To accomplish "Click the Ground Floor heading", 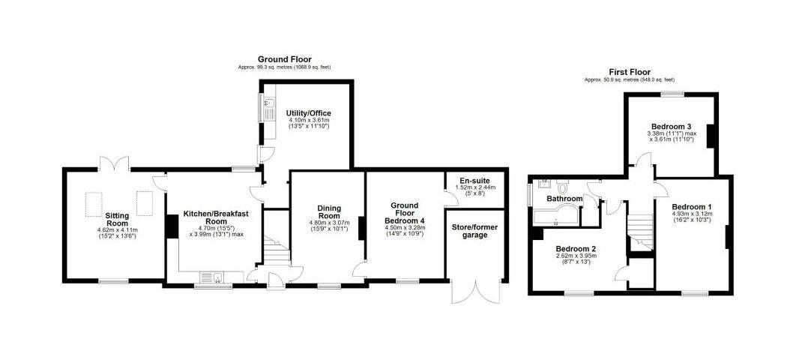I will (284, 59).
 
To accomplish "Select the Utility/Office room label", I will (308, 113).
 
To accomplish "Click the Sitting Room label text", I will (117, 219).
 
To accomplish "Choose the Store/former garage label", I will (474, 231).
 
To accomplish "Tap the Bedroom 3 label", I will (671, 126).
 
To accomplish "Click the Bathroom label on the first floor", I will (564, 199).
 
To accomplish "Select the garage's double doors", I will (474, 292).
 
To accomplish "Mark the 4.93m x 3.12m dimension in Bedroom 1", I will (692, 214).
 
